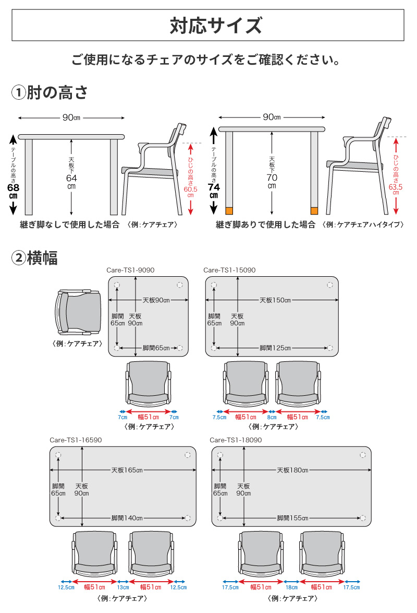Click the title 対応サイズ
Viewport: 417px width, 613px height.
[x=208, y=26]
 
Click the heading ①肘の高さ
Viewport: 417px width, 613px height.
[x=50, y=93]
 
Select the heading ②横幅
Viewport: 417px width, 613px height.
[x=35, y=258]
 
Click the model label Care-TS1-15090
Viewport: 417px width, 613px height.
[x=229, y=270]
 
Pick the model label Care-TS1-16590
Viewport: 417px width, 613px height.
[x=76, y=440]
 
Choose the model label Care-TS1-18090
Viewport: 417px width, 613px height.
[x=236, y=440]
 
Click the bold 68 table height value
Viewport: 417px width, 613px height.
[x=13, y=187]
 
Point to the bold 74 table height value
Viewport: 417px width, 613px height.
[x=213, y=187]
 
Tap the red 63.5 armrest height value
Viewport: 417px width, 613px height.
[x=396, y=185]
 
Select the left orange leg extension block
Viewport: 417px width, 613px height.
[x=228, y=210]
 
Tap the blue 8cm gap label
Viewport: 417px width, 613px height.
[x=272, y=417]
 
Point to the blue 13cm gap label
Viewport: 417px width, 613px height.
[x=122, y=587]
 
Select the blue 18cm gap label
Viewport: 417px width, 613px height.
[x=291, y=587]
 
